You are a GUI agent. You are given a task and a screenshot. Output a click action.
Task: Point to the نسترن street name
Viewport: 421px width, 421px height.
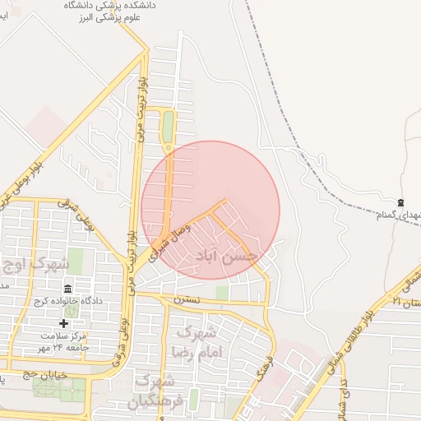(x=186, y=300)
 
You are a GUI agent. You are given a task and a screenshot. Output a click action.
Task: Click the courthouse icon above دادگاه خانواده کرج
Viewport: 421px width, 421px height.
(x=67, y=289)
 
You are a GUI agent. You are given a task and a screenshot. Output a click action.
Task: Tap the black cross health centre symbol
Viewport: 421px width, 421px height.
(x=64, y=323)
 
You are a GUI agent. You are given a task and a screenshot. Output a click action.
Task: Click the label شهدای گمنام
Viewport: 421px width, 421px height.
(x=399, y=215)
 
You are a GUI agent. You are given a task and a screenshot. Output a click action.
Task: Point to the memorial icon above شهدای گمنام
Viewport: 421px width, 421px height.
(x=400, y=202)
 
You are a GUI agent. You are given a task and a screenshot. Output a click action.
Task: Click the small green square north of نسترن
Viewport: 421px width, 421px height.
(x=221, y=292)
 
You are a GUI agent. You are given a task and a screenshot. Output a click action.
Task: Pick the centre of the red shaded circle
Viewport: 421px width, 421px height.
(x=210, y=210)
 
